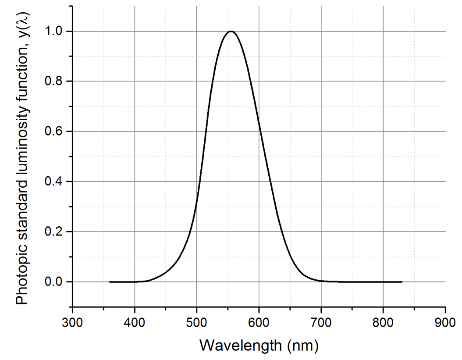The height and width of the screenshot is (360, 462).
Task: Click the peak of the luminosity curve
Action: [x=231, y=31]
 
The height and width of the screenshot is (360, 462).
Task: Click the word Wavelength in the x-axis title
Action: [x=240, y=346]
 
